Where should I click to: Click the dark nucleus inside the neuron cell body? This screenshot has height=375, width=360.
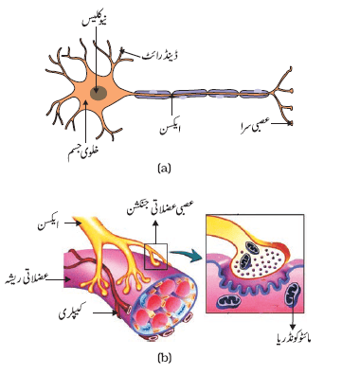click(x=99, y=93)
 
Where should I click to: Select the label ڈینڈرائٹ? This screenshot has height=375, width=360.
click(x=159, y=56)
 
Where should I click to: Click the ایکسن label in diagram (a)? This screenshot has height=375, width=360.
click(x=170, y=129)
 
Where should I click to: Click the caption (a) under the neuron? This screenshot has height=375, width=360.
click(x=164, y=168)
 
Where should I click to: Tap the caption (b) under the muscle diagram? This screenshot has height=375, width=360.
click(x=165, y=357)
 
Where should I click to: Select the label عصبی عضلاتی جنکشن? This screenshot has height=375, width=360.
click(x=160, y=208)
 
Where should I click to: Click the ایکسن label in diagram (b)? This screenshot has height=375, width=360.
click(x=48, y=225)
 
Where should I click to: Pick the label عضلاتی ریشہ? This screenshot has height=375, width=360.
click(x=25, y=279)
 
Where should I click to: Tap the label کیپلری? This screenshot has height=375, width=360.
click(x=73, y=313)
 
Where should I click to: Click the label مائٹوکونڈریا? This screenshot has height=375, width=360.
click(x=292, y=339)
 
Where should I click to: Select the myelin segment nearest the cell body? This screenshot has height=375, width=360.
click(x=153, y=94)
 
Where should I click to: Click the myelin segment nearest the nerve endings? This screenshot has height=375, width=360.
click(x=255, y=94)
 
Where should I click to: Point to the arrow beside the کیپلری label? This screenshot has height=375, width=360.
click(x=106, y=313)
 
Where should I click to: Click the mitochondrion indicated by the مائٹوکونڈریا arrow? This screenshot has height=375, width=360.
click(x=292, y=294)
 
